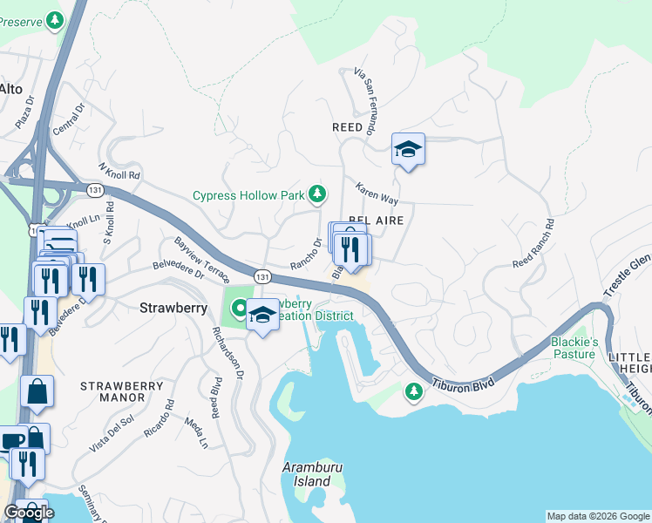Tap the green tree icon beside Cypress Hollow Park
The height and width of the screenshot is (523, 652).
pyautogui.click(x=319, y=193)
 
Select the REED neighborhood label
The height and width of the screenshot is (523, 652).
pyautogui.click(x=347, y=127)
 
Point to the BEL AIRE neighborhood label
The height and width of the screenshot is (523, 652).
pyautogui.click(x=376, y=221)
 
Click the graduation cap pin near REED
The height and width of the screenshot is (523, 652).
pyautogui.click(x=408, y=150)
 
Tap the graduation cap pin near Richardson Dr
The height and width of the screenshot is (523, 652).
pyautogui.click(x=262, y=316)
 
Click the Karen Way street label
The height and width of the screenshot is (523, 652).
pyautogui.click(x=377, y=193)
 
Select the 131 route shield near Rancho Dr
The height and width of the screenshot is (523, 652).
pyautogui.click(x=261, y=275)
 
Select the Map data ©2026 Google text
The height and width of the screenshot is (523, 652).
pyautogui.click(x=597, y=516)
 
